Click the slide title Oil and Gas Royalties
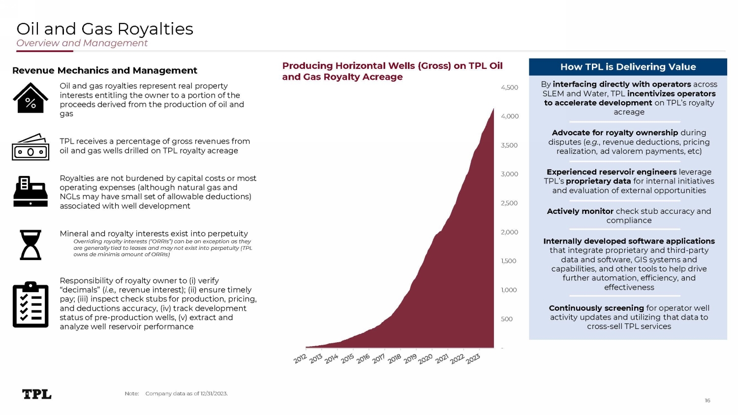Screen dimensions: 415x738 (105, 29)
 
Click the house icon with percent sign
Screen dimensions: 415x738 (31, 98)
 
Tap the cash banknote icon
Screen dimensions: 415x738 (31, 147)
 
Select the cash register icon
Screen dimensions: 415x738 (31, 191)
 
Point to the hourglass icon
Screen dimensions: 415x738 (31, 244)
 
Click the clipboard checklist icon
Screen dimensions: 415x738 (31, 305)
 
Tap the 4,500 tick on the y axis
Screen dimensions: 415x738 (509, 88)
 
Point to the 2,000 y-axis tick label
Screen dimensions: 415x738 (509, 232)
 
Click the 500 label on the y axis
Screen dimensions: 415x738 (507, 319)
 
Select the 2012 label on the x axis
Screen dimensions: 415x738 (300, 359)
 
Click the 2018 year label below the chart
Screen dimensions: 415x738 (395, 359)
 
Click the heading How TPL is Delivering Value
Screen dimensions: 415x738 (628, 67)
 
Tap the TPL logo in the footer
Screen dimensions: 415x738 (37, 394)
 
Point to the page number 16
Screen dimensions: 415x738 (707, 400)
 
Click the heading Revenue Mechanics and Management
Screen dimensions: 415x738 (105, 70)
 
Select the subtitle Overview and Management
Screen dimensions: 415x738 (82, 43)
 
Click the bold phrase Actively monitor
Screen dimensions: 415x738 (580, 211)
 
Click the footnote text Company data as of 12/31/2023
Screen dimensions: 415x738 (186, 393)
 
